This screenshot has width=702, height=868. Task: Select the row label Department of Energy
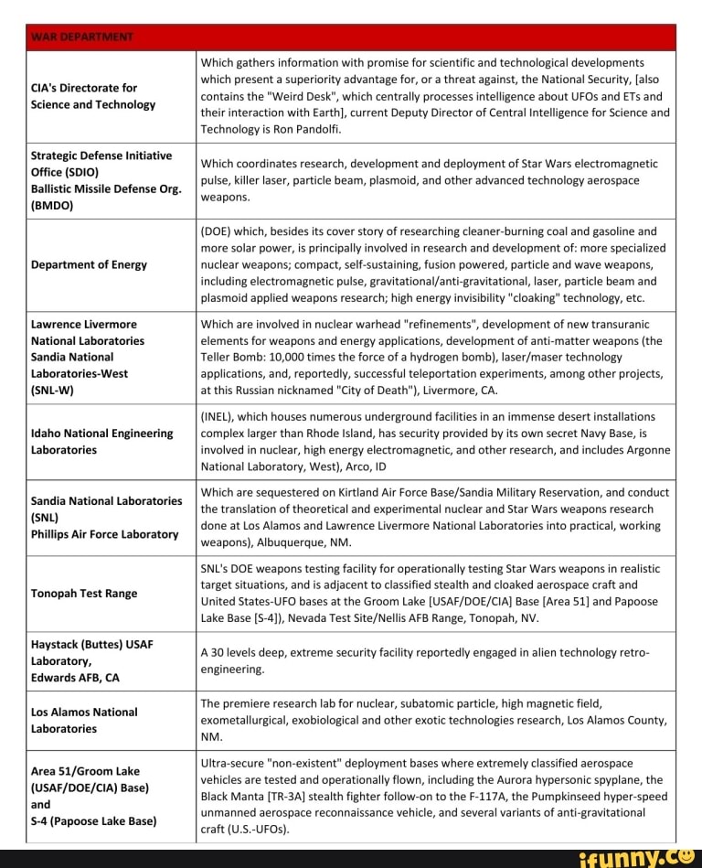click(x=89, y=265)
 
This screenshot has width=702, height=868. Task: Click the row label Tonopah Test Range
click(x=84, y=593)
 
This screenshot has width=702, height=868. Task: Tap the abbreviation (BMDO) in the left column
click(x=54, y=206)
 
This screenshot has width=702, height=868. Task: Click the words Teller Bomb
click(x=237, y=358)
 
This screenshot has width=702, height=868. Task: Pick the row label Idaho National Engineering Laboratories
click(x=102, y=441)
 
